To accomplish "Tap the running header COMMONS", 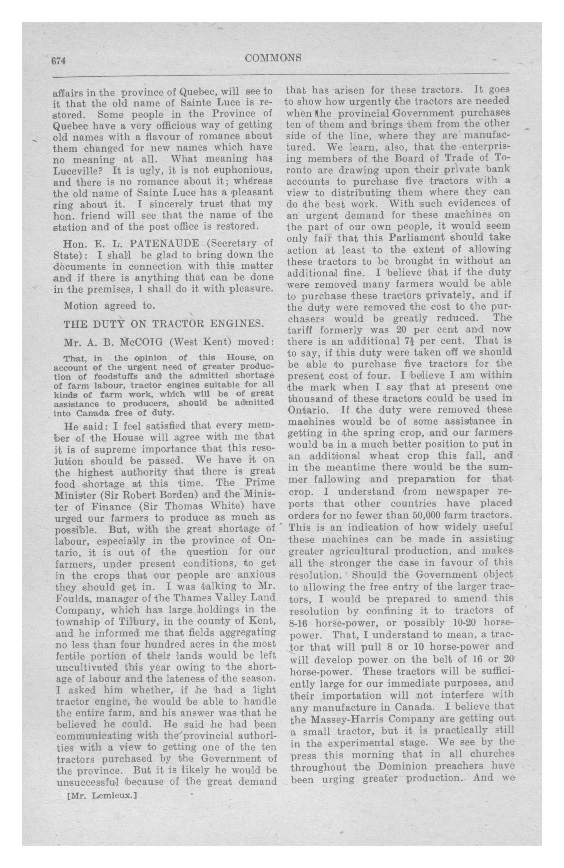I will point(273,58).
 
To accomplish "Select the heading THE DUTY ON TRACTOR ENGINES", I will point(163,324).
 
